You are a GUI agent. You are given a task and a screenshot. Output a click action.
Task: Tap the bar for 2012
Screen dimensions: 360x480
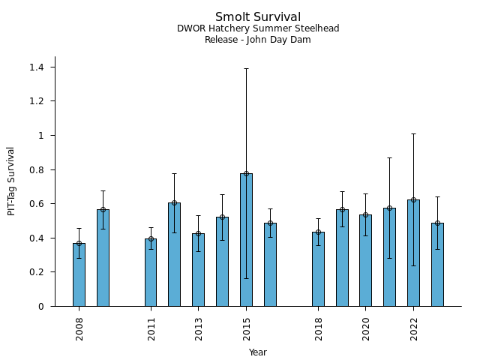[x=174, y=254]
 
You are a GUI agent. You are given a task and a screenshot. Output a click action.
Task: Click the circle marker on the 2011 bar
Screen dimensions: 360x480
[x=151, y=239]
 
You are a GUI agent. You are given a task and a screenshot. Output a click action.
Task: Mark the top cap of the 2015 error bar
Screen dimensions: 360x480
[x=246, y=68]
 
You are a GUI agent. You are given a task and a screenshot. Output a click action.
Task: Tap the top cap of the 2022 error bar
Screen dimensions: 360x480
[x=413, y=133]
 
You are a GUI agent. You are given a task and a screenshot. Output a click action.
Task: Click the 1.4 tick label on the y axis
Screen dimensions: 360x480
[x=36, y=67]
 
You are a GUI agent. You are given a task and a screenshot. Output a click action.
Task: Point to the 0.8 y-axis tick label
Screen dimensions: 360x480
[x=36, y=170]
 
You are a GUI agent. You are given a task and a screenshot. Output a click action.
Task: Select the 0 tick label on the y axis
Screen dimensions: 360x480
[x=41, y=307]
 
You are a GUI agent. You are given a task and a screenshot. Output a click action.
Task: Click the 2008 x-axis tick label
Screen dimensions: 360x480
[x=79, y=328]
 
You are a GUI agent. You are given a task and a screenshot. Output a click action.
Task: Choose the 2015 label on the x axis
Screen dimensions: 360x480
[x=247, y=328]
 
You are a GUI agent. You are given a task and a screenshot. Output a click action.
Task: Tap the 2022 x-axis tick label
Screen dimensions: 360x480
[x=414, y=328]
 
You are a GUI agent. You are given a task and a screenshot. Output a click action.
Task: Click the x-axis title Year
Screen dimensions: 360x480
[x=258, y=352]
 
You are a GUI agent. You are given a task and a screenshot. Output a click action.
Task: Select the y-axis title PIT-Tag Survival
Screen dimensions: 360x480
[x=12, y=181]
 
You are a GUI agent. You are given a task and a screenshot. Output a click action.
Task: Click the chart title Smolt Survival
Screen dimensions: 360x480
[x=258, y=17]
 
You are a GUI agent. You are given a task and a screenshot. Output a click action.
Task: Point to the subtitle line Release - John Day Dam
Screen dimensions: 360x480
[x=258, y=40]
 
